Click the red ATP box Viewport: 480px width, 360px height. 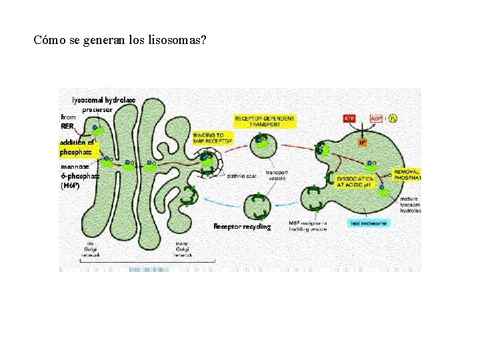point(349,119)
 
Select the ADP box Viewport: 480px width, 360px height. point(377,119)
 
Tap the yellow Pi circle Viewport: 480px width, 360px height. point(393,119)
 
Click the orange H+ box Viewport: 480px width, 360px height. point(363,142)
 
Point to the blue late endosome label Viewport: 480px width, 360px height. point(369,223)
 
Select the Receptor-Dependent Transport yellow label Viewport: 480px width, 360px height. point(265,121)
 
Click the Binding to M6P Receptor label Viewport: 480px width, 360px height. point(213,137)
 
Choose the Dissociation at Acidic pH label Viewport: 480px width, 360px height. point(356,181)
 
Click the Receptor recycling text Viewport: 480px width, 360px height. point(242,227)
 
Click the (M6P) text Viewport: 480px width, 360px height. point(70,186)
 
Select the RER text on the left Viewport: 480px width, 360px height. point(67,125)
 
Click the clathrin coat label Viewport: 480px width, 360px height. point(241,177)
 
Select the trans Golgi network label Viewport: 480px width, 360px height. point(183,249)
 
